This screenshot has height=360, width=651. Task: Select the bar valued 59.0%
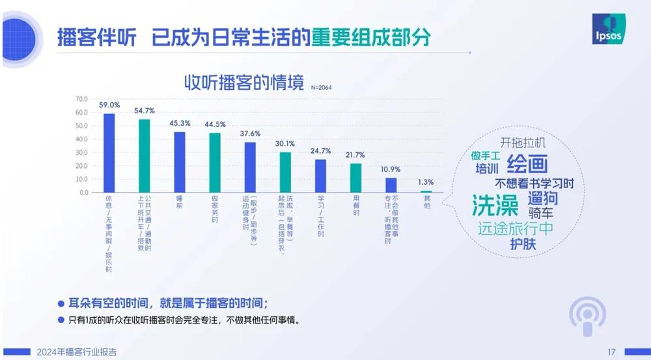(x=109, y=153)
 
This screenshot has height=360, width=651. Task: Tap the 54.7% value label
(x=145, y=111)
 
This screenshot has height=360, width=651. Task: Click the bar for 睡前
(x=180, y=162)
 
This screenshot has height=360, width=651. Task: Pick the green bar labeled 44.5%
(x=215, y=163)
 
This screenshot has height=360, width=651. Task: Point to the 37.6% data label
(x=250, y=133)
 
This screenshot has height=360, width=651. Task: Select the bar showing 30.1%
(x=285, y=173)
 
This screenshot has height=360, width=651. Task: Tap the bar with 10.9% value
(x=391, y=186)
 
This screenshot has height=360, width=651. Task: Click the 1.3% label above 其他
(x=426, y=182)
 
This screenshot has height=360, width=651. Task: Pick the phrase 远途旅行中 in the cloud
(x=515, y=229)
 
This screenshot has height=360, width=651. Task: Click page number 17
(x=611, y=352)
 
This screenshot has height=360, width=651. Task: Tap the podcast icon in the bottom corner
(x=587, y=318)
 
